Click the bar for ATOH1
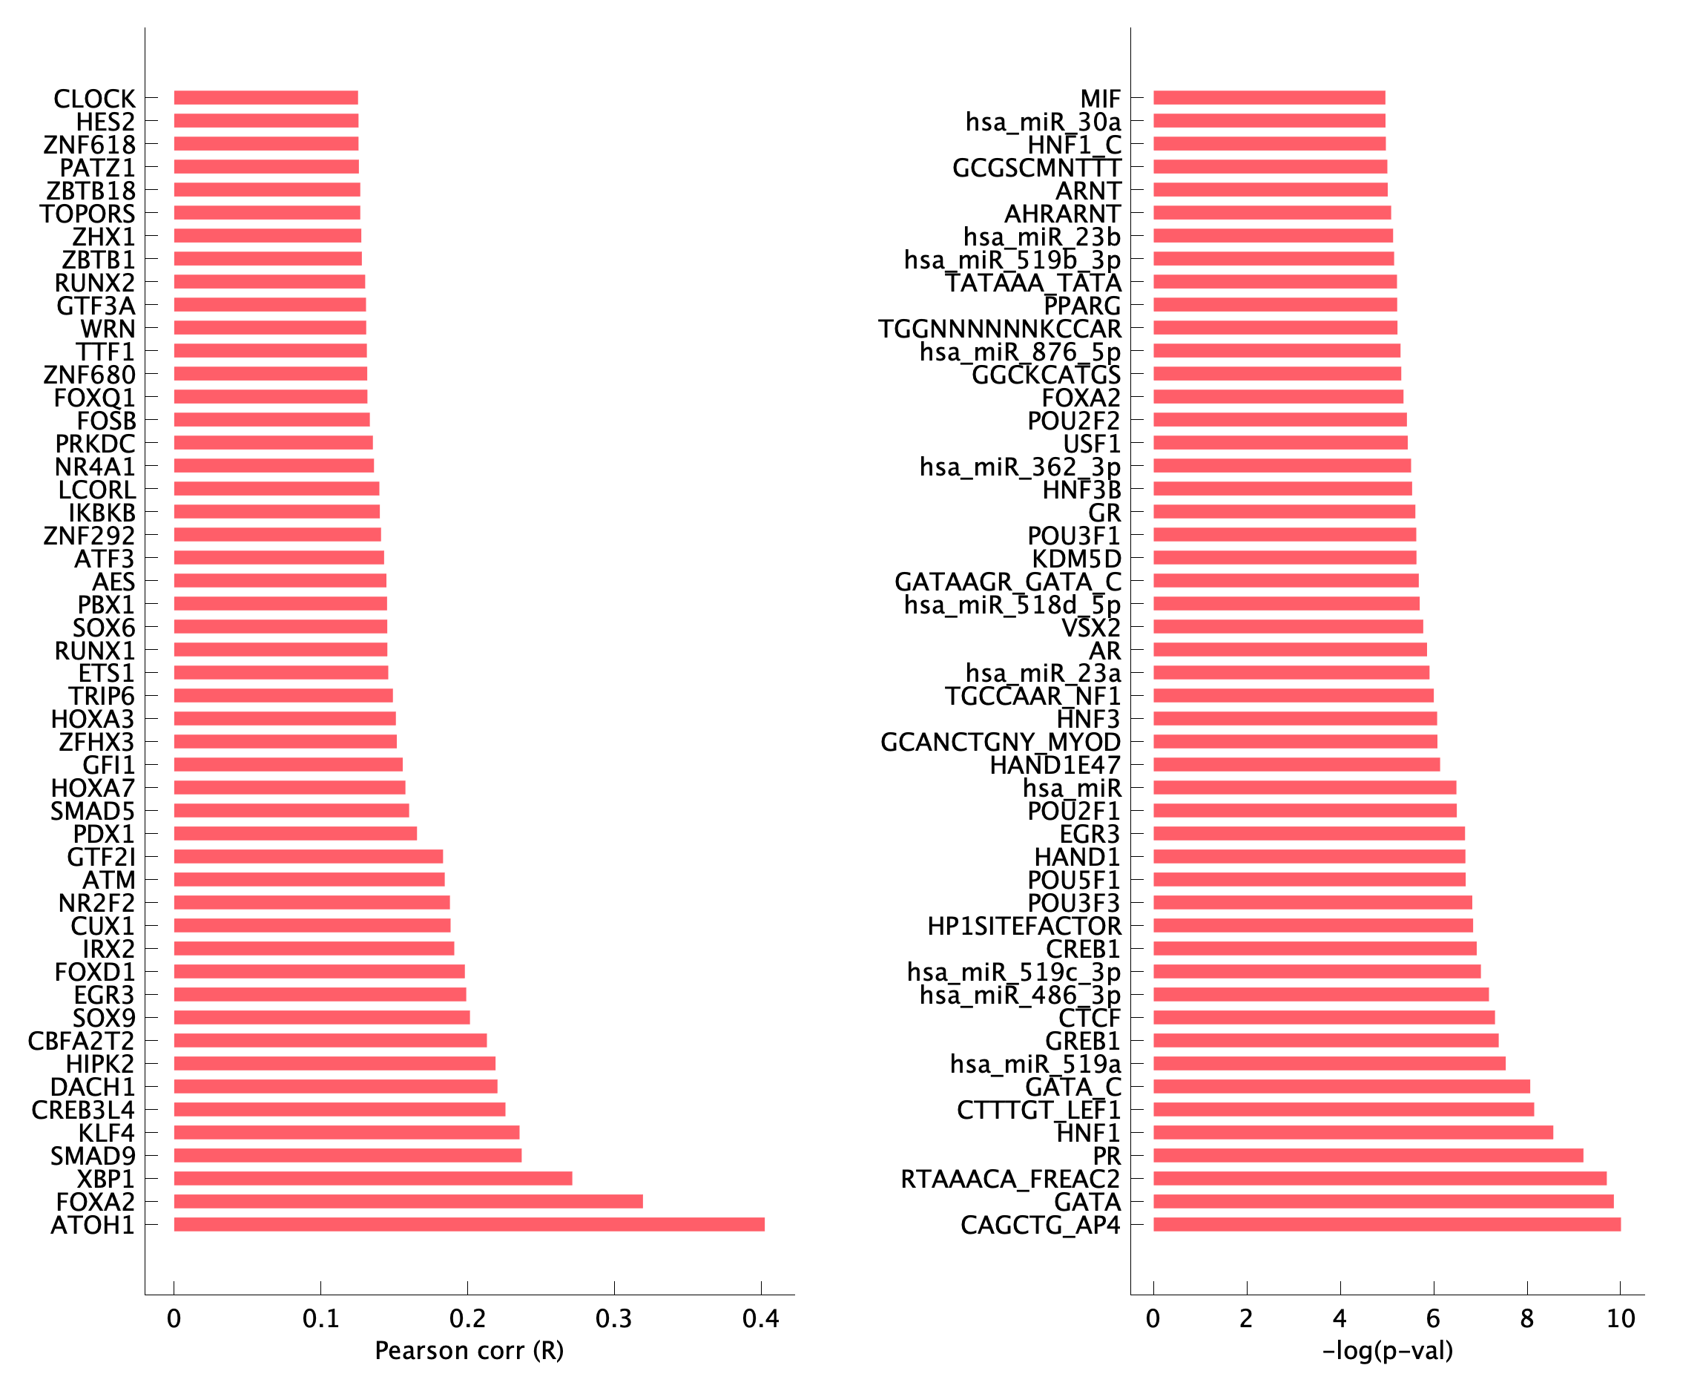[469, 1224]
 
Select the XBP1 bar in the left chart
[372, 1178]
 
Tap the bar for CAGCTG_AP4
[1386, 1224]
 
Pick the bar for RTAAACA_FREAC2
[1379, 1178]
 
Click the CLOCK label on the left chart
[94, 99]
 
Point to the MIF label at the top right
[1100, 99]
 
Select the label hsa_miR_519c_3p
[1013, 972]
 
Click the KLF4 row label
[107, 1133]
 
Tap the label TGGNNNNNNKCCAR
[1000, 329]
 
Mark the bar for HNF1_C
[1269, 143]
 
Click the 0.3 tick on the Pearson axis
[614, 1319]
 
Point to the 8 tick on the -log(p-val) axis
[1527, 1319]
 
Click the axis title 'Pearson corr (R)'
[470, 1351]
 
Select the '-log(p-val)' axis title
[1388, 1351]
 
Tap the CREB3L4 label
[83, 1110]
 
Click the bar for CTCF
[1323, 1018]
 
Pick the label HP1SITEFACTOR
[1024, 927]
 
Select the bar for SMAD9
[347, 1155]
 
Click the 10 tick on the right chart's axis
[1621, 1319]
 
